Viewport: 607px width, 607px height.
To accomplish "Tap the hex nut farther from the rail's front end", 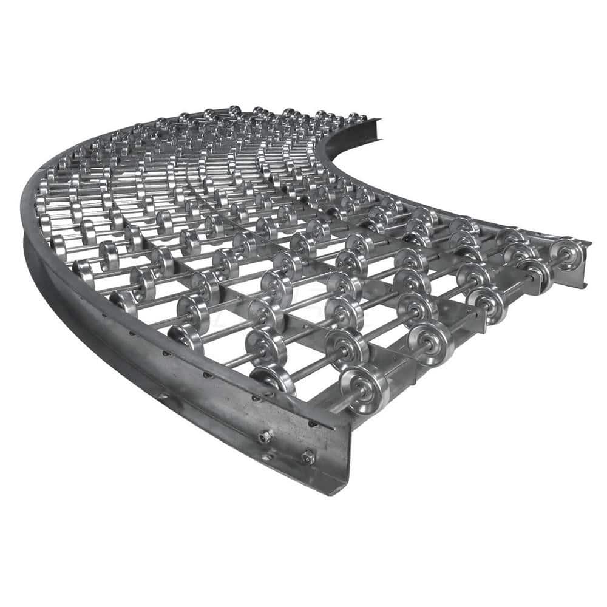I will coord(265,436).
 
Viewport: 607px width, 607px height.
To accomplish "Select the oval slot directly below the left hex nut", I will coord(265,454).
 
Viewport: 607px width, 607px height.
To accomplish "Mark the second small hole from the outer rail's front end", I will coord(256,399).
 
